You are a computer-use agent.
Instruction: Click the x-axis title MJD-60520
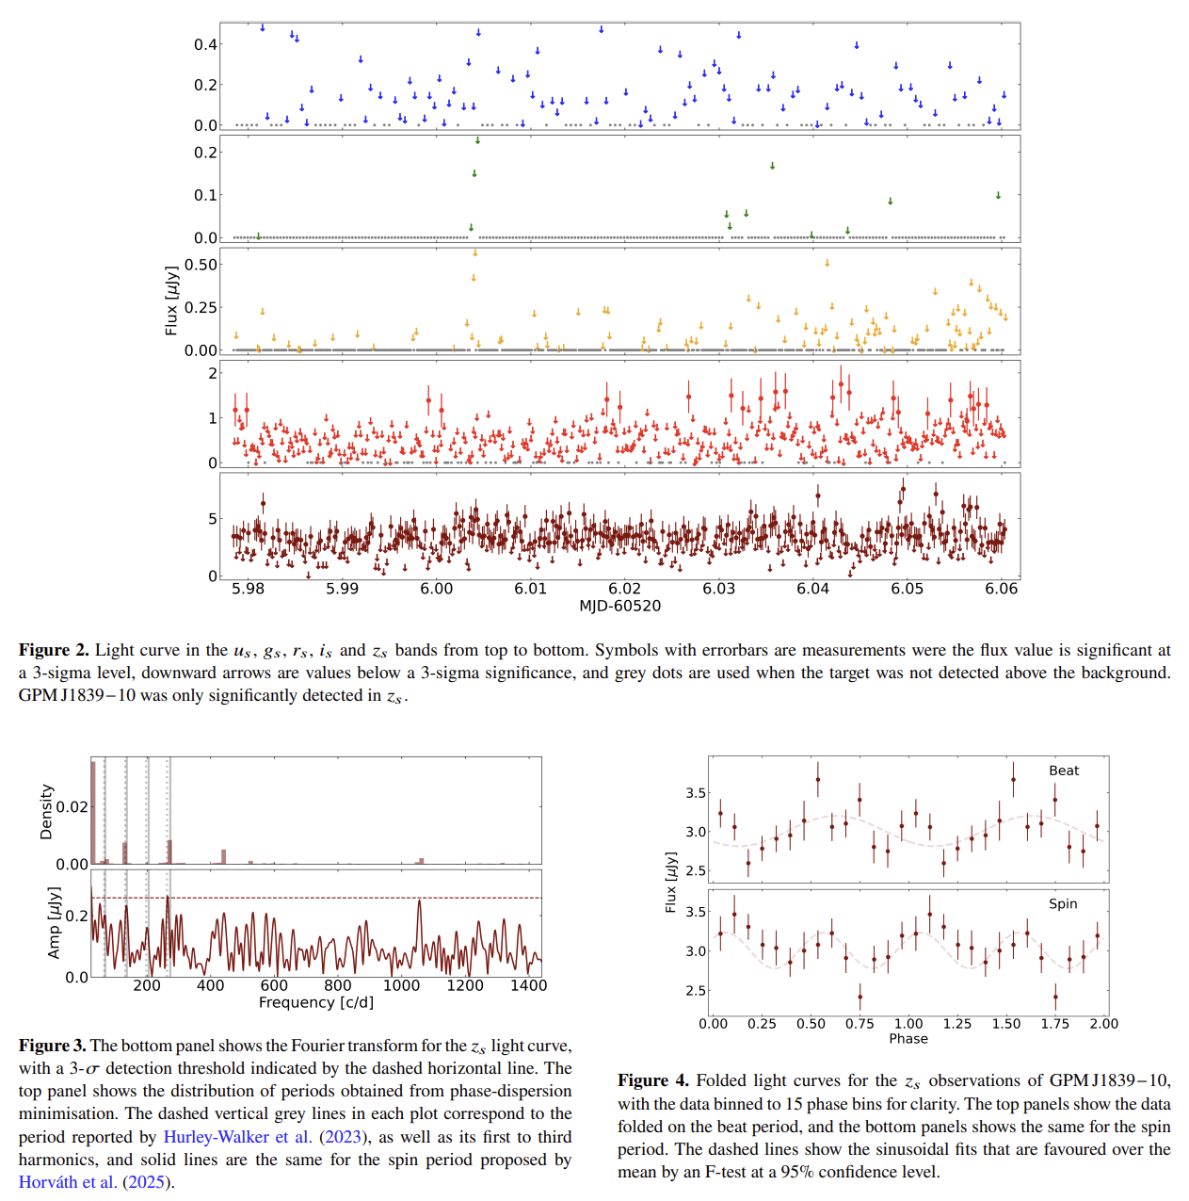coord(619,606)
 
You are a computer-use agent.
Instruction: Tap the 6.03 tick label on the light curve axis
coord(718,589)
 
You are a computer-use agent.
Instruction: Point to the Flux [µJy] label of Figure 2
coord(171,300)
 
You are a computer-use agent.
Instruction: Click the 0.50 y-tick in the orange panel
coord(201,265)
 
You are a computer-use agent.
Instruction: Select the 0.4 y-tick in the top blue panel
coord(205,44)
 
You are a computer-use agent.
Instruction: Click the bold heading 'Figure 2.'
coord(54,650)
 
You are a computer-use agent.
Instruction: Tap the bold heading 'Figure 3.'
coord(52,1046)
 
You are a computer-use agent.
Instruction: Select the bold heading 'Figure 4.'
coord(652,1080)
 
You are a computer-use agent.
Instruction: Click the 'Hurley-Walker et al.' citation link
coord(237,1137)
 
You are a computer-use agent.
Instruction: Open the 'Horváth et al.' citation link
coord(68,1182)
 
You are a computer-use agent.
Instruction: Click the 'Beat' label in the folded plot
coord(1064,771)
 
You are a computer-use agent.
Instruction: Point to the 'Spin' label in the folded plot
coord(1063,903)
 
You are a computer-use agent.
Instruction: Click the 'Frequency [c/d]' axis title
coord(316,1002)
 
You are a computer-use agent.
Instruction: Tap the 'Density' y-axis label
coord(46,811)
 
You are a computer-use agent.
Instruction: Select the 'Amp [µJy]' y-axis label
coord(55,922)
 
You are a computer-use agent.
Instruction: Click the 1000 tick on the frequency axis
coord(401,985)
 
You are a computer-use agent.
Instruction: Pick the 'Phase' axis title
coord(908,1038)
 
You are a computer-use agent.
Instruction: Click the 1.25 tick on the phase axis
coord(956,1024)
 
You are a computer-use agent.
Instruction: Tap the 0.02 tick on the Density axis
coord(72,807)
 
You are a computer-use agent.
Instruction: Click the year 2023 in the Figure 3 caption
coord(343,1137)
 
